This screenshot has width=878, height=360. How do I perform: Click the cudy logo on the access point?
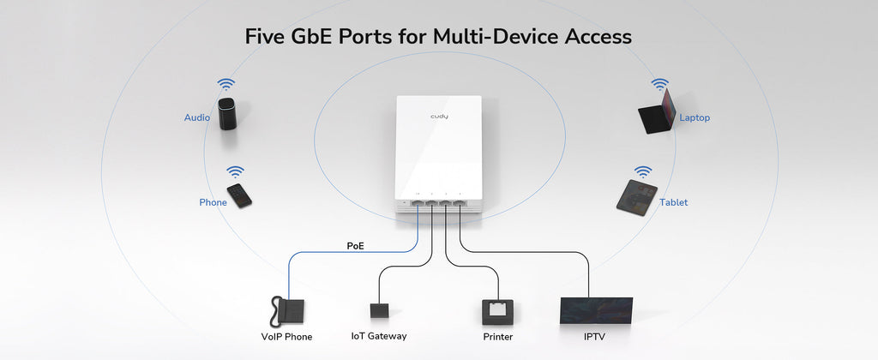point(439,117)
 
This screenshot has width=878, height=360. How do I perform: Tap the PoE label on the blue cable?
point(355,245)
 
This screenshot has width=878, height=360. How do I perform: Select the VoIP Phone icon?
point(287,312)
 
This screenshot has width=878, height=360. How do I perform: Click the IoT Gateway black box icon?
point(379,311)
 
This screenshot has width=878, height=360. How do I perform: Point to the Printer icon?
point(497,312)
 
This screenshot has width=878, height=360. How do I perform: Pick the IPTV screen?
point(597,311)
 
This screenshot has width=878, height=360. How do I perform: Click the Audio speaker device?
point(228,114)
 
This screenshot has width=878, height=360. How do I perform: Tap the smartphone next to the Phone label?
point(239,195)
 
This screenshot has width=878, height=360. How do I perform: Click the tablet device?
point(637,196)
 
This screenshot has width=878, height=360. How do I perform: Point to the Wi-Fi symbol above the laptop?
point(659,85)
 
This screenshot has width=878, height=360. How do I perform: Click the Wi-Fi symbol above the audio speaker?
point(226,85)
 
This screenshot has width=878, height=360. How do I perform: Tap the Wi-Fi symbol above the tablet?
point(643,172)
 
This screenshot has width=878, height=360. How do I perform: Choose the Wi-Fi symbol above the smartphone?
point(235,172)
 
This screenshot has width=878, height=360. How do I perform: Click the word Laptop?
point(695,118)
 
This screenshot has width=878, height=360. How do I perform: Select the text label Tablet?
point(674,202)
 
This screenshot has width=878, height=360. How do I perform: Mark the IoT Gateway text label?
point(378,336)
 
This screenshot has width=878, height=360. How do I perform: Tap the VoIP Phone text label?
point(286,337)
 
